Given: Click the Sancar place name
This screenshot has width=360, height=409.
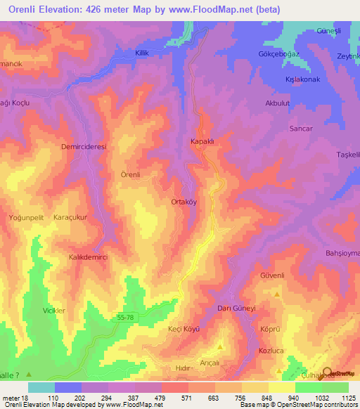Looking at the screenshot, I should click(301, 129).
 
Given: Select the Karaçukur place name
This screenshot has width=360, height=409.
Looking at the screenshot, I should click(70, 218).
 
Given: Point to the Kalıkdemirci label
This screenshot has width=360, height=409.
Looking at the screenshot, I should click(87, 258).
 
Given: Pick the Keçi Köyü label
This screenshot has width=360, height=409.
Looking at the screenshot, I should click(184, 329).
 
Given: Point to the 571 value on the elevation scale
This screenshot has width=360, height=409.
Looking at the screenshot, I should click(167, 398).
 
